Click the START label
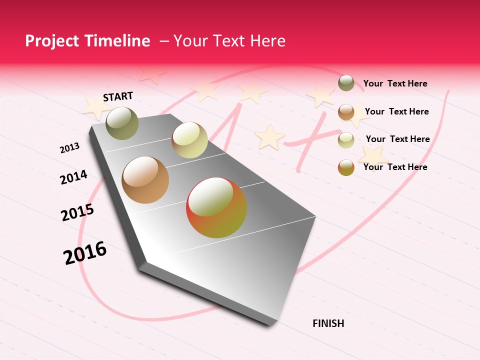[118, 96]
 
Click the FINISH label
[328, 323]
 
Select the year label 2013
[70, 147]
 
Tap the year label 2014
[73, 177]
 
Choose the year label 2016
[85, 252]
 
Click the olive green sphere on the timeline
[122, 123]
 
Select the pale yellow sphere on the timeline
[189, 139]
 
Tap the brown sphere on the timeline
[145, 180]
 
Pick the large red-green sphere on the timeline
[216, 207]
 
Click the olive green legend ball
[346, 83]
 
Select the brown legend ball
[346, 112]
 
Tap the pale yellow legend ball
[346, 140]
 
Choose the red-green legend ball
[346, 167]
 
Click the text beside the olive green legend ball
[395, 83]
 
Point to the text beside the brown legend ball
[396, 111]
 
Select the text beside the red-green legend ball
[395, 167]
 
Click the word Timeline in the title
[118, 41]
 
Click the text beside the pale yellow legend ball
[397, 139]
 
